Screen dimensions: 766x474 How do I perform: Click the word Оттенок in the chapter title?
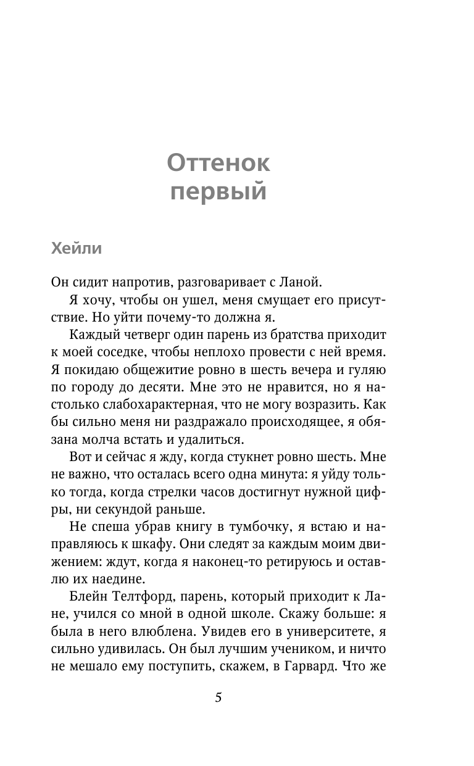[218, 164]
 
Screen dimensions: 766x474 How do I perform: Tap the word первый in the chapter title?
[218, 192]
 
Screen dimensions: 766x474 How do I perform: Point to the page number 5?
[218, 698]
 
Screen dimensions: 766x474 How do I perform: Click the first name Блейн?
[86, 597]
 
